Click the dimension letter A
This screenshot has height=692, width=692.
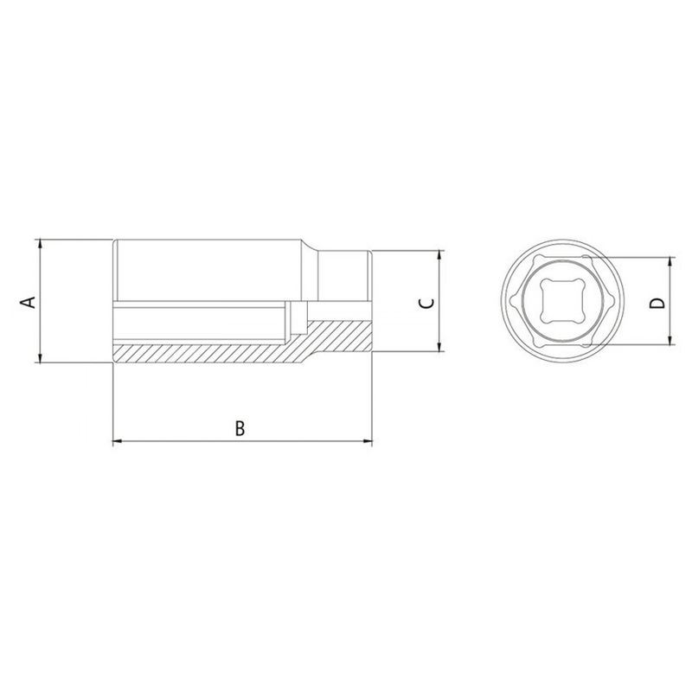28,302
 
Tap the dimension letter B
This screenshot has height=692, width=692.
241,427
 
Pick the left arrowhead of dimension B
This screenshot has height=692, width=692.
118,442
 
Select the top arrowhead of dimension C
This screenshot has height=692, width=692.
439,256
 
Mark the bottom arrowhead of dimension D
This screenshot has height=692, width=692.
671,342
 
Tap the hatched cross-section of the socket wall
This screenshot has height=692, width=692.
208,353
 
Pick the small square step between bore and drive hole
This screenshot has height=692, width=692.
299,317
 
